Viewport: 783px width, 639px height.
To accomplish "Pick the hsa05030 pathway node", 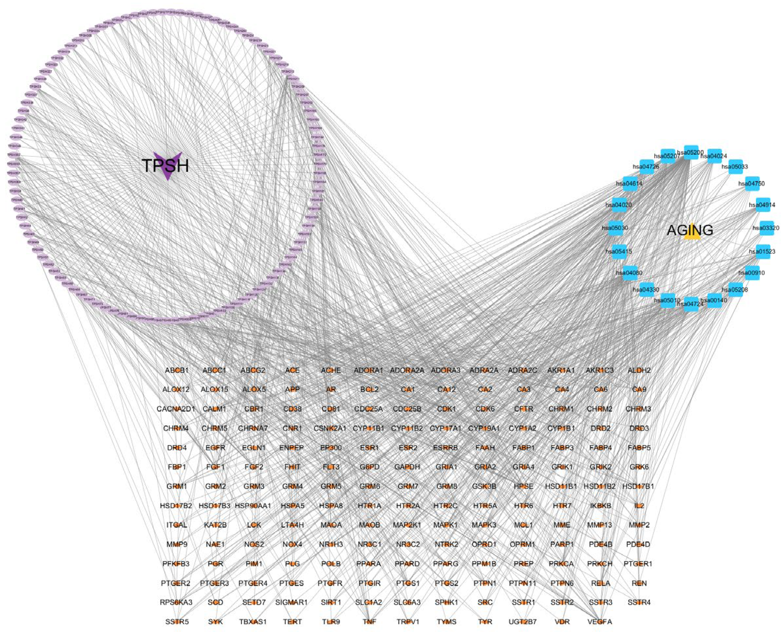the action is coord(616,228).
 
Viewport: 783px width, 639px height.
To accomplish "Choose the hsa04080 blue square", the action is coord(630,273).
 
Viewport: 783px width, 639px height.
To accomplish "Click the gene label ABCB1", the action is coord(177,370).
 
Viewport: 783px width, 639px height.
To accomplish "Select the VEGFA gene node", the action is coord(600,622).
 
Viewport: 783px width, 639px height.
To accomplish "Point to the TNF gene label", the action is coord(370,622).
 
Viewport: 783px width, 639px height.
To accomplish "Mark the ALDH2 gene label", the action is coord(639,370).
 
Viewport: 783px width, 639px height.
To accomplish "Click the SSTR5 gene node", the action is coord(177,622).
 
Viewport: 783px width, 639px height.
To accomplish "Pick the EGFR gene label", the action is coord(216,448).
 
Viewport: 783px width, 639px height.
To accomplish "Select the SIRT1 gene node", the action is coord(331,603).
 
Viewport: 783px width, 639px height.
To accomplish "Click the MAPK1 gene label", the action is coord(446,525).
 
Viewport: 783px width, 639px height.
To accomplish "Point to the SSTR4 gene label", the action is coord(639,603).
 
